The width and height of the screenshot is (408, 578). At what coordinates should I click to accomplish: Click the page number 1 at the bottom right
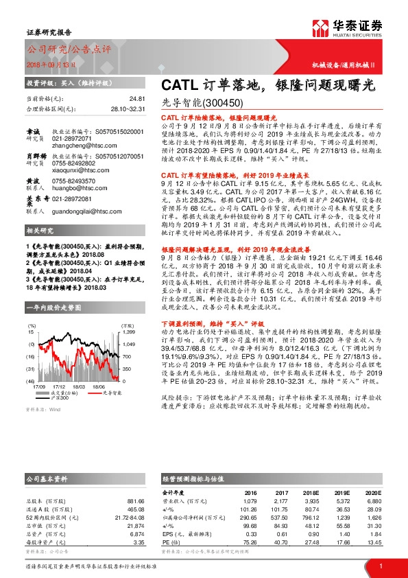(380, 566)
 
